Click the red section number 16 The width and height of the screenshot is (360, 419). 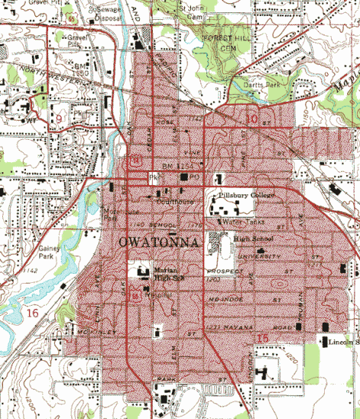point(31,313)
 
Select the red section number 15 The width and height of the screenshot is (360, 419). point(263,338)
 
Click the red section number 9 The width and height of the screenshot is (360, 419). point(58,119)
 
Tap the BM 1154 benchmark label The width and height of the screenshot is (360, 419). point(177,166)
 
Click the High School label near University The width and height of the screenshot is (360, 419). point(253,239)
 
